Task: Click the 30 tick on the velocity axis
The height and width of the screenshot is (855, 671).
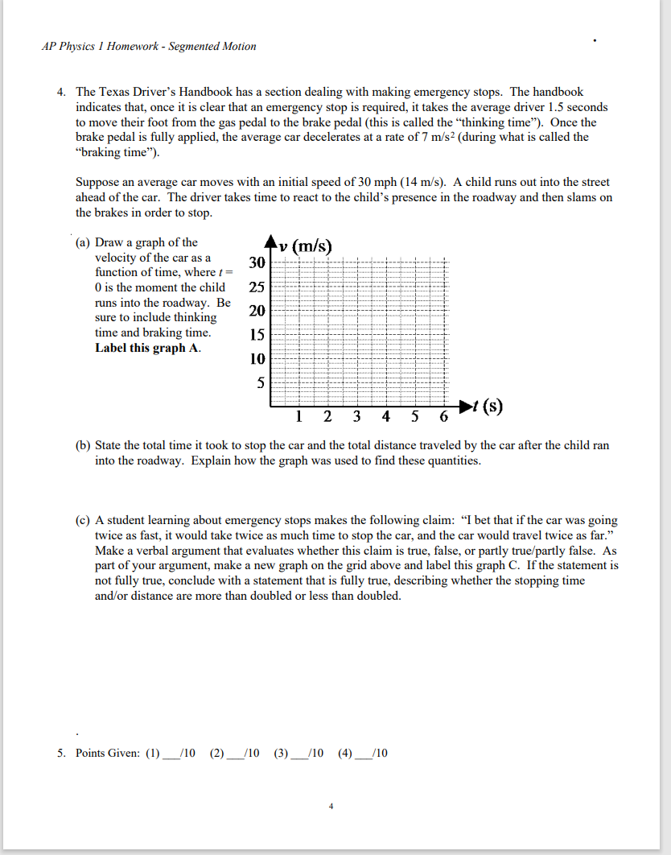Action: tap(257, 262)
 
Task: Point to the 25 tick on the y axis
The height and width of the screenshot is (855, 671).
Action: tap(257, 287)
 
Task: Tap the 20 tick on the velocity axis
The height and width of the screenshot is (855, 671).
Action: tap(257, 311)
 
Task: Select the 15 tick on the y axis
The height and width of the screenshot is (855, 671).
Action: tap(257, 335)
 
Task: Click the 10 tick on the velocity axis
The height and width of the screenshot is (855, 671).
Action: tap(257, 358)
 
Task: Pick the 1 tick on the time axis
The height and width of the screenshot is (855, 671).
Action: tap(298, 416)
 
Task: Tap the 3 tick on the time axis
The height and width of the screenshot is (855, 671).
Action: tap(356, 416)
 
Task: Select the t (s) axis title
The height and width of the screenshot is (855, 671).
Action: tap(488, 406)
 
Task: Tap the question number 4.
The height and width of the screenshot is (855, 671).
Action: tap(61, 93)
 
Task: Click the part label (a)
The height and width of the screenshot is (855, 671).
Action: tap(83, 242)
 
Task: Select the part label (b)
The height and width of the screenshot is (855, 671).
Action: tap(83, 446)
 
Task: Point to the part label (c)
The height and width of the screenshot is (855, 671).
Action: tap(83, 521)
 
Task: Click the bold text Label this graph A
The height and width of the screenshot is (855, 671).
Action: tap(148, 348)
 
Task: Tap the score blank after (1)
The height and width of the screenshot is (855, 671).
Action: tap(171, 754)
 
